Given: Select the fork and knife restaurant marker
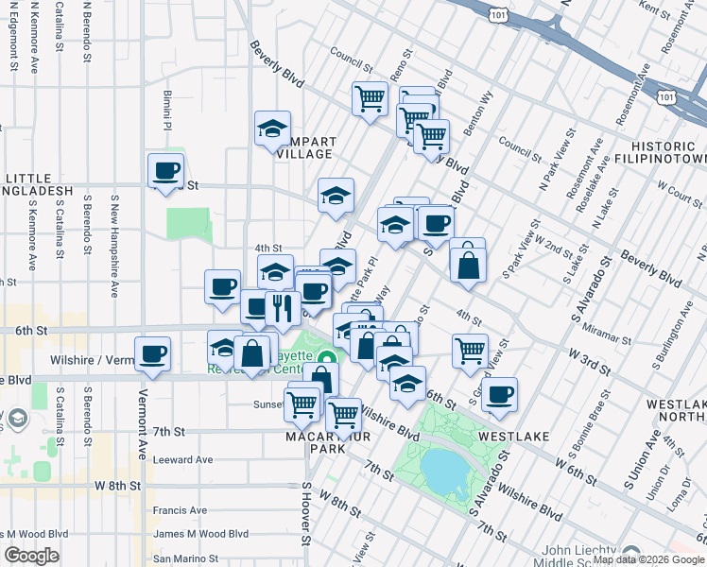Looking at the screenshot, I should (x=282, y=306).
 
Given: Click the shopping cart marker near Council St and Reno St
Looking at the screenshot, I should (x=371, y=97).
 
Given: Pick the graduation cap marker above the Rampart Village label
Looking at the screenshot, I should (x=272, y=129).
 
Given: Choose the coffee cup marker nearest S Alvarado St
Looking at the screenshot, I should (x=499, y=393).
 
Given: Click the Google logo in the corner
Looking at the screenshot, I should (x=31, y=556).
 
